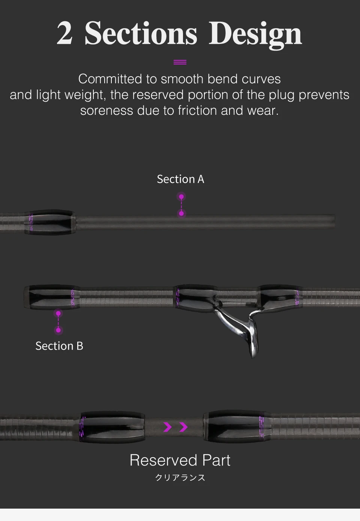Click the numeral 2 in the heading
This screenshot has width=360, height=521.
64,34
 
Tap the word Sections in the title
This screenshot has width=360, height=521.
141,34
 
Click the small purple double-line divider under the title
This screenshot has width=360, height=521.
180,62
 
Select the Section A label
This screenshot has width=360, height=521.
180,179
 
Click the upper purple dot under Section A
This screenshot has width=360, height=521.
181,197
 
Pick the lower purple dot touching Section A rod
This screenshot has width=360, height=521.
181,213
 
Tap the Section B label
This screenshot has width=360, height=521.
59,346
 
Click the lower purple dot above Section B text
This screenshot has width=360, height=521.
58,330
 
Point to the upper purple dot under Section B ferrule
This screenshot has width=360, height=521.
58,313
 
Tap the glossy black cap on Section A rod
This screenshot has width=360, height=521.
51,222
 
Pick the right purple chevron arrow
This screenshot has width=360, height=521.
183,427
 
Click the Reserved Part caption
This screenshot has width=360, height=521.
180,460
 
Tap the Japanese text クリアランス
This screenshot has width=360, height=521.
180,477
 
